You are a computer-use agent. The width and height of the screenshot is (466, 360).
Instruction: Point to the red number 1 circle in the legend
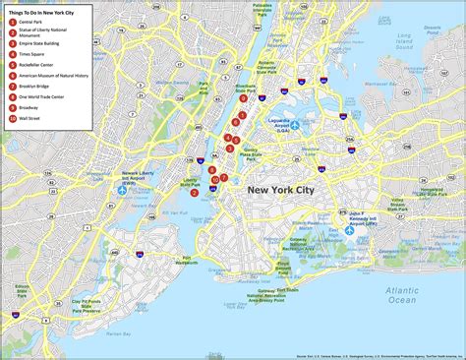tap(13, 21)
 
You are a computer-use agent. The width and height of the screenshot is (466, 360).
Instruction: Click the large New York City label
tap(285, 189)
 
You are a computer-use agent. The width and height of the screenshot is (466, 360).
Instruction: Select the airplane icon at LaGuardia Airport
tap(294, 125)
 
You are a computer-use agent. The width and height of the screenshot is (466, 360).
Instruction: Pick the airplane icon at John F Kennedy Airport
tap(350, 232)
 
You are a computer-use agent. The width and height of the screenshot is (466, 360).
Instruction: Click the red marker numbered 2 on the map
tap(195, 193)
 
